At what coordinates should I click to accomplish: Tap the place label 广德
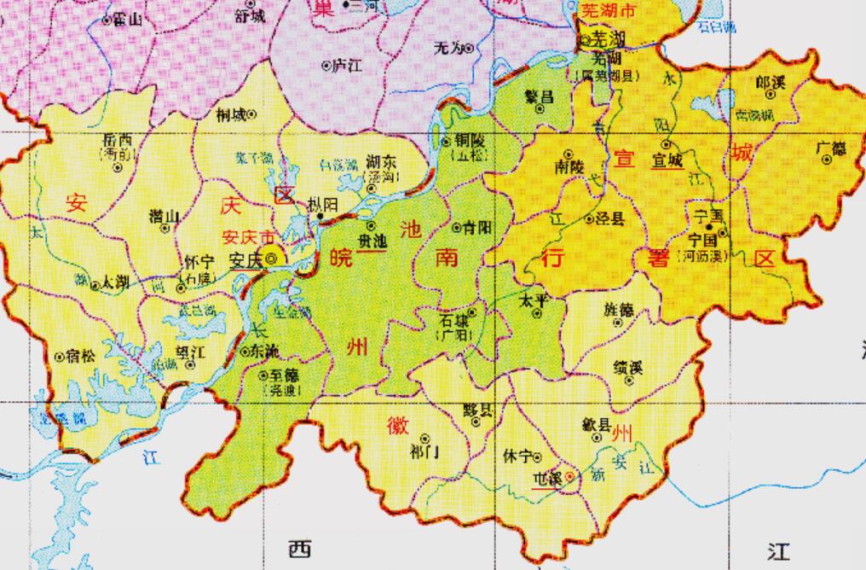[832, 148]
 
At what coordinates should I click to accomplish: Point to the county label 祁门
[424, 450]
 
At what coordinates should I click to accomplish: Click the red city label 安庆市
[248, 237]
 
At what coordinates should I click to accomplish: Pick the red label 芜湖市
[607, 11]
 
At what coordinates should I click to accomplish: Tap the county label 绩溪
[628, 368]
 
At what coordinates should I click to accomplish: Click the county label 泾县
[609, 219]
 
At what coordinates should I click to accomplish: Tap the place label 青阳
[476, 228]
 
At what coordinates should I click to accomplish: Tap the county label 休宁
[517, 455]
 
